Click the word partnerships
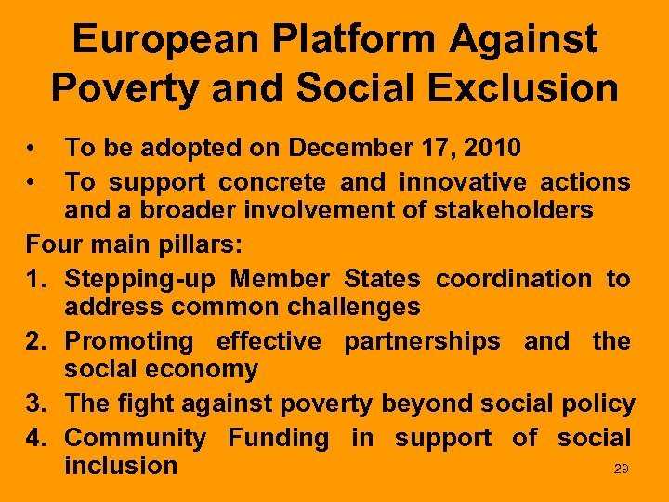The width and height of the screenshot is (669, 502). pyautogui.click(x=422, y=341)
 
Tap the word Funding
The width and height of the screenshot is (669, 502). pyautogui.click(x=279, y=437)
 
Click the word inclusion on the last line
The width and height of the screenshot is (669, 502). pyautogui.click(x=121, y=465)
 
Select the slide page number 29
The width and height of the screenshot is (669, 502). pyautogui.click(x=622, y=469)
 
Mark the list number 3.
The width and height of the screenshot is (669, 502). pyautogui.click(x=35, y=404)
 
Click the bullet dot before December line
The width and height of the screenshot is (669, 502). pyautogui.click(x=32, y=147)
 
